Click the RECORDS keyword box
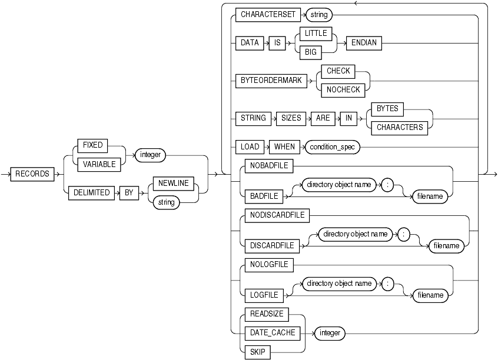pyautogui.click(x=33, y=174)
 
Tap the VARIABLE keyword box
pyautogui.click(x=98, y=165)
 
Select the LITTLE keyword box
pyautogui.click(x=316, y=34)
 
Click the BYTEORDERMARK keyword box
pyautogui.click(x=271, y=81)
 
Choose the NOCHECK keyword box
pyautogui.click(x=343, y=89)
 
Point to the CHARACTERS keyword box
pyautogui.click(x=400, y=126)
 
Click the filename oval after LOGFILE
pyautogui.click(x=429, y=296)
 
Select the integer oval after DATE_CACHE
pyautogui.click(x=330, y=333)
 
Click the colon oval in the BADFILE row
pyautogui.click(x=389, y=184)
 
